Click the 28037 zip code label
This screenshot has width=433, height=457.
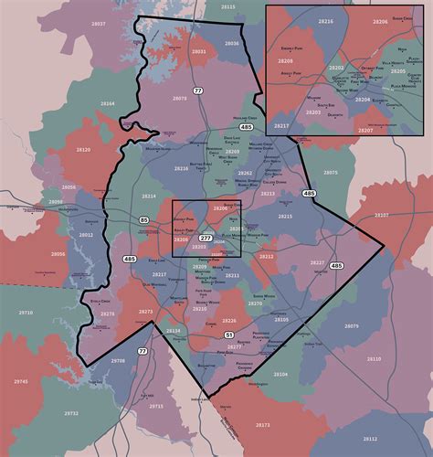pos(99,23)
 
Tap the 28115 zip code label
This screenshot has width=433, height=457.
pos(227,6)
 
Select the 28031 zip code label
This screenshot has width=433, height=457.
pos(198,52)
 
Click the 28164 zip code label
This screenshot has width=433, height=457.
pos(108,104)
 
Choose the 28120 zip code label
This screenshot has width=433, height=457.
pos(84,148)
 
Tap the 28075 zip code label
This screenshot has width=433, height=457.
pos(330,172)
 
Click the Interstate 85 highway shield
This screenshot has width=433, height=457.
pos(144,220)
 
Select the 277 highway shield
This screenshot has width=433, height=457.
pos(206,238)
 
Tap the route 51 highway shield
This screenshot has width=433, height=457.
pos(228,335)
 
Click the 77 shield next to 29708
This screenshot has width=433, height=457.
pos(143,351)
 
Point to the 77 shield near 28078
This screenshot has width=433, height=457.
pos(196,89)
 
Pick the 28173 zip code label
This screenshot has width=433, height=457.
pos(263,424)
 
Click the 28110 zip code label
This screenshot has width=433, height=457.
pos(374,359)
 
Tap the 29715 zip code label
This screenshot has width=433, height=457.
pos(156,406)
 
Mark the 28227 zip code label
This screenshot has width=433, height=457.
pos(316,263)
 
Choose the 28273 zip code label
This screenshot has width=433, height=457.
pos(145,312)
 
